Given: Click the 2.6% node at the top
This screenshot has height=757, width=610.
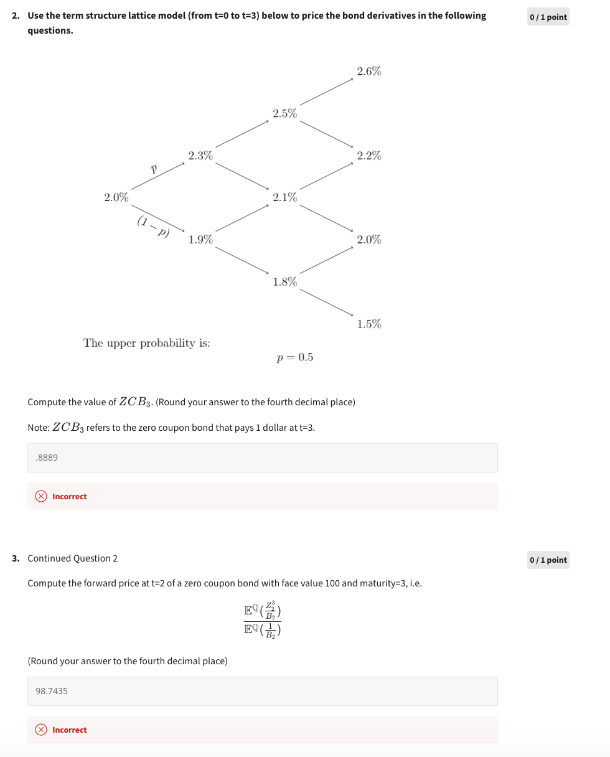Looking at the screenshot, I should tap(369, 72).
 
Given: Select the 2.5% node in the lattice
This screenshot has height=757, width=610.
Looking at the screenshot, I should tap(284, 113).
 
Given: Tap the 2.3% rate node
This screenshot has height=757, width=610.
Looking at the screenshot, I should tap(200, 156).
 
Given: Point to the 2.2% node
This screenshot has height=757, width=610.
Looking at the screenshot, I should tap(369, 156).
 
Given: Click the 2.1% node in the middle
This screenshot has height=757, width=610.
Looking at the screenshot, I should tap(284, 197).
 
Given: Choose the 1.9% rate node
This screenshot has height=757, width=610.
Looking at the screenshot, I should tap(200, 240).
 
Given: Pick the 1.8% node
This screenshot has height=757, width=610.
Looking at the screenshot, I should tap(284, 282).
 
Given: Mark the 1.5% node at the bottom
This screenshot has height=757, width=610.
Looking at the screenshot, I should tap(369, 324).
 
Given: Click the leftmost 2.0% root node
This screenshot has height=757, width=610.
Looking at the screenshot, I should tap(116, 197).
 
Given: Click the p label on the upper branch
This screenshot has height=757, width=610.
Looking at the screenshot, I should tap(153, 168).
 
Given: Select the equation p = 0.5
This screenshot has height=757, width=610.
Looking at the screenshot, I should tap(295, 357).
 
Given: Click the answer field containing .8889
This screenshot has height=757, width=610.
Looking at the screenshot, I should tap(262, 458).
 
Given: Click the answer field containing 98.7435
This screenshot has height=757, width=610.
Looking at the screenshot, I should tap(262, 691).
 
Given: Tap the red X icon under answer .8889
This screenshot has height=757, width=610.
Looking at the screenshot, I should tap(41, 496).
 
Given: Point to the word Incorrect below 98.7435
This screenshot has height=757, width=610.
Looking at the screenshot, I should tap(69, 730).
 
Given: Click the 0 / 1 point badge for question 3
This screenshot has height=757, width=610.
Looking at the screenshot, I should tap(548, 560).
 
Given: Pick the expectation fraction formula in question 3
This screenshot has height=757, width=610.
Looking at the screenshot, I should tap(262, 619).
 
